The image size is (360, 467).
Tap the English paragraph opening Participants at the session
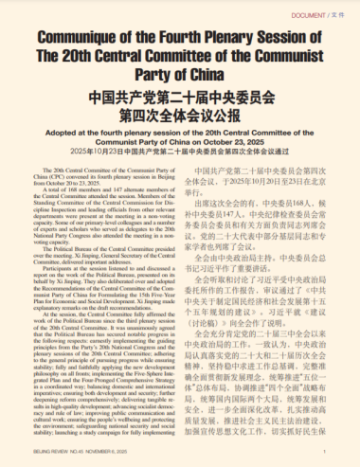[x=95, y=297]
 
